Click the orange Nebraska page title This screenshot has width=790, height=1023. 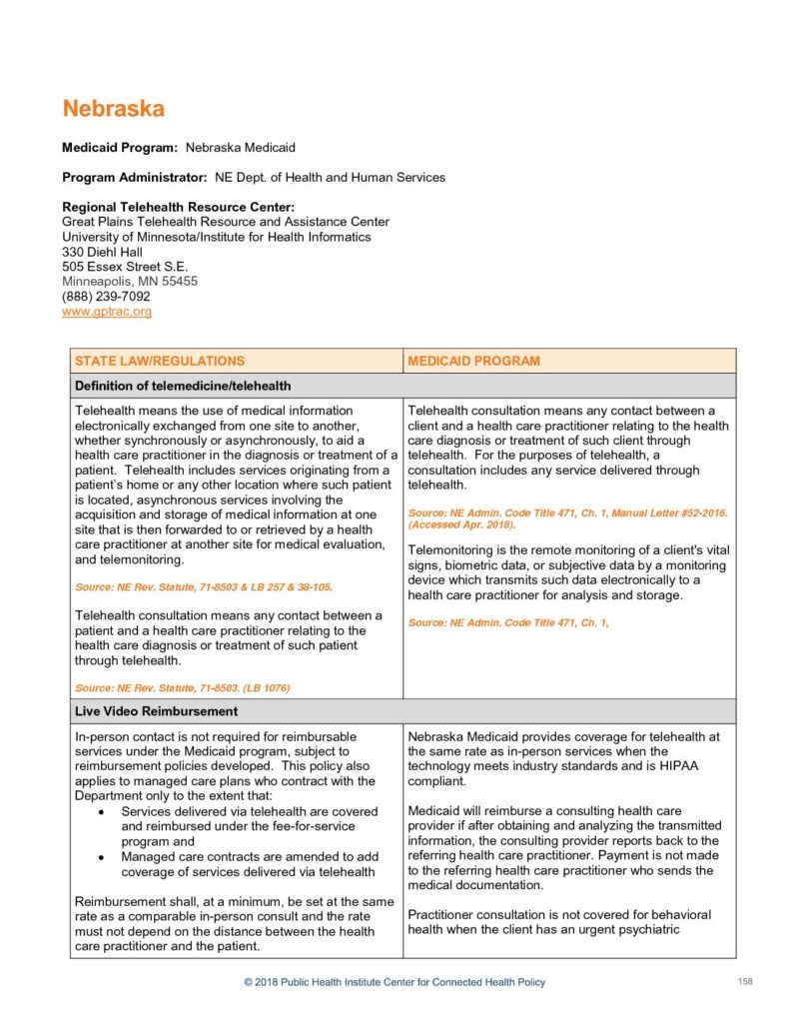tap(113, 109)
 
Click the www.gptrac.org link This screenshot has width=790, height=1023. tap(107, 312)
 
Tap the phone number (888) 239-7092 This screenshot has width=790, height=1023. tap(106, 297)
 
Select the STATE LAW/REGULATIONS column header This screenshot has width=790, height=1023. tap(160, 361)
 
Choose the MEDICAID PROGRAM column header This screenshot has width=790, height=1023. tap(473, 361)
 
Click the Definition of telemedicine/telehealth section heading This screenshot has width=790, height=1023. tap(183, 386)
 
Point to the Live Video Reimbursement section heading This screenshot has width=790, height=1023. tap(156, 711)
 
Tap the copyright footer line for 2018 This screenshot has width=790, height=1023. tap(395, 983)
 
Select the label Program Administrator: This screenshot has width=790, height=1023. tap(135, 178)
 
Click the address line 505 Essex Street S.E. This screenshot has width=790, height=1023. tap(125, 267)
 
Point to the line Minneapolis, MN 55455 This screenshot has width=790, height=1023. tap(130, 282)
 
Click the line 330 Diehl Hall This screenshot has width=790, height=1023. tap(102, 252)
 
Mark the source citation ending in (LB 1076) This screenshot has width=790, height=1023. tap(183, 687)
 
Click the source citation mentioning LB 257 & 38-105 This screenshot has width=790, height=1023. tap(204, 586)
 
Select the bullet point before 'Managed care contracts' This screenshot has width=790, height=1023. tap(106, 857)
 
